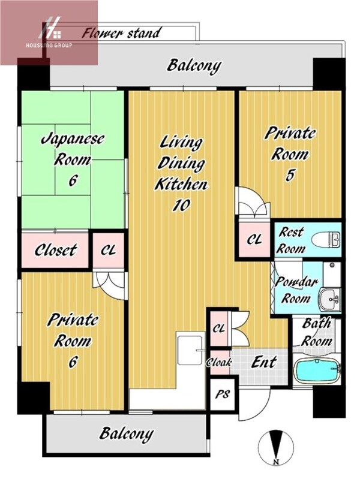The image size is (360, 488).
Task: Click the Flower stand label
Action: point(121,33)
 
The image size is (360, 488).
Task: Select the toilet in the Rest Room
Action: point(326,240)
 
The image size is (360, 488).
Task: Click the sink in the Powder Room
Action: point(330,299)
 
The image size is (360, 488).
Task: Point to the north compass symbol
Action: point(275,448)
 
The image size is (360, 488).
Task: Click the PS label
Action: point(223,394)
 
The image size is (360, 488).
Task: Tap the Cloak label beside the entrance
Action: point(220,362)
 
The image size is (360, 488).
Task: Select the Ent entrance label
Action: point(264,362)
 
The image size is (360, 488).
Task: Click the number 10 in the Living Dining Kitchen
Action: point(181,205)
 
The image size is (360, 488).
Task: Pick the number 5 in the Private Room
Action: point(290,175)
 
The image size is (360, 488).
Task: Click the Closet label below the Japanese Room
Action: point(55,250)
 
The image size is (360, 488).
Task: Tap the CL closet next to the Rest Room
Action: point(254,239)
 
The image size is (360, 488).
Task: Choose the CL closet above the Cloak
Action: point(219,329)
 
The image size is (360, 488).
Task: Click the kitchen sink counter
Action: point(190,348)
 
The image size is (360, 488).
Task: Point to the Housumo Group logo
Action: point(49,34)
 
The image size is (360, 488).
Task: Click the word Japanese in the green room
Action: point(73,139)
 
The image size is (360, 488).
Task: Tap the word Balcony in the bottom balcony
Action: point(127,434)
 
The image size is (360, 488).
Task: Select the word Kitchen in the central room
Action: point(181,184)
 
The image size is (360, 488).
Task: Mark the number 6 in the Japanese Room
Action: point(73,180)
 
